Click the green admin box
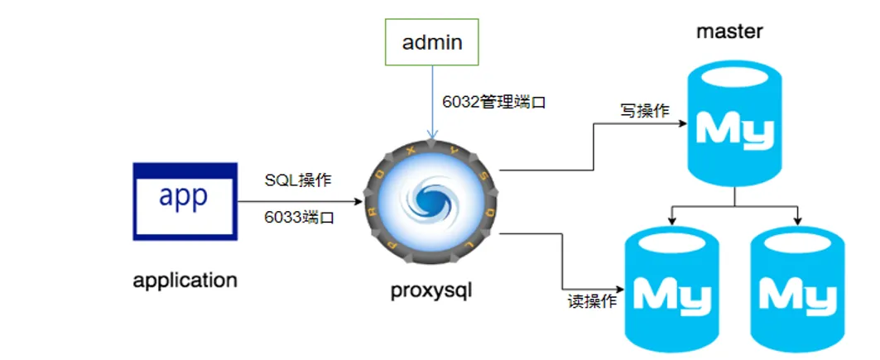(432, 42)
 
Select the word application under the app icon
(185, 280)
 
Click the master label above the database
(729, 31)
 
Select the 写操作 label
(644, 111)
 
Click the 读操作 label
(591, 301)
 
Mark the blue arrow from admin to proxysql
(430, 99)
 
